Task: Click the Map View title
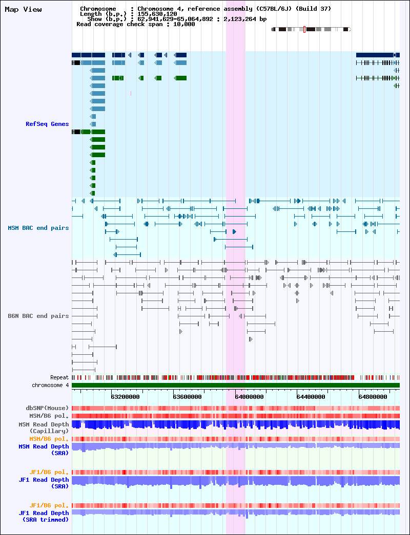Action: tap(23, 9)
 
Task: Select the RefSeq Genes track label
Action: tap(47, 124)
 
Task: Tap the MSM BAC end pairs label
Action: tap(38, 228)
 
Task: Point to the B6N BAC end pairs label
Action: tap(38, 316)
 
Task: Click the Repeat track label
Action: tap(59, 377)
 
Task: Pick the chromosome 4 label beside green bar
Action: tap(50, 385)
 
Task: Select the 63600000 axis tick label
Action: tap(187, 397)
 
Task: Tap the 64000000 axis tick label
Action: tap(249, 397)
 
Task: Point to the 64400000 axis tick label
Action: tap(311, 397)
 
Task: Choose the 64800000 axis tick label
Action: tap(373, 397)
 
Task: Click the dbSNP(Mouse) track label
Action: tap(47, 408)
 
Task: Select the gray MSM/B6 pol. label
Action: tap(49, 416)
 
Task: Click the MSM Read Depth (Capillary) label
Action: tap(44, 428)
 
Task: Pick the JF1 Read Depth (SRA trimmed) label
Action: tap(44, 516)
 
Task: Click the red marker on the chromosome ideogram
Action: tap(304, 29)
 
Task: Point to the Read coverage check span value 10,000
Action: tap(184, 24)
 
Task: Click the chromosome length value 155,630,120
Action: tap(157, 14)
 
